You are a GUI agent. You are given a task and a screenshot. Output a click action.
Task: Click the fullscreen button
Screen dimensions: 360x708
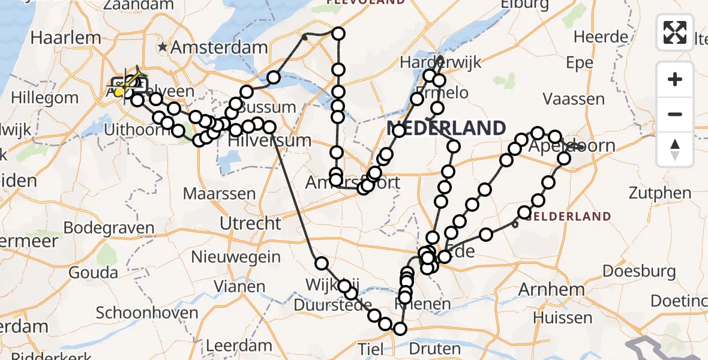[x=675, y=32]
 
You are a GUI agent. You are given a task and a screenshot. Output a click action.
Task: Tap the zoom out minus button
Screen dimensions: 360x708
[x=675, y=114]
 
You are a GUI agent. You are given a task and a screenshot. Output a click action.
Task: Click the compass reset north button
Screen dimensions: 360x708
[x=675, y=149]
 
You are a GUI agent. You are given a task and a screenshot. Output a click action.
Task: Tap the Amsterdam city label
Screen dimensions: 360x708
[x=219, y=47]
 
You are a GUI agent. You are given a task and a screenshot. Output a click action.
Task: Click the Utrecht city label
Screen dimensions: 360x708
[x=250, y=223]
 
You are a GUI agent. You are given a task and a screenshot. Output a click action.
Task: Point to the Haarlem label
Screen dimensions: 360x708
[x=65, y=37]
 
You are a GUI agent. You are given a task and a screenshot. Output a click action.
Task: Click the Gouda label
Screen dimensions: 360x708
[x=94, y=273]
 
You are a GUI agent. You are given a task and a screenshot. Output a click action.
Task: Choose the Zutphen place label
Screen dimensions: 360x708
[x=660, y=193]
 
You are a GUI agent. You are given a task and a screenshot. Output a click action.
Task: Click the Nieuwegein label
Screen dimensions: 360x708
[x=236, y=257]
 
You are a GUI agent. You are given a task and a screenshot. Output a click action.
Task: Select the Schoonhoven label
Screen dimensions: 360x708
[x=147, y=313]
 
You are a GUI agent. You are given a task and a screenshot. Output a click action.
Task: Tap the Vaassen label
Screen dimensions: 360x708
[x=572, y=98]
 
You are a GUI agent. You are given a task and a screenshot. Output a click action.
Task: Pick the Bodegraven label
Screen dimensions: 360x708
[x=109, y=228]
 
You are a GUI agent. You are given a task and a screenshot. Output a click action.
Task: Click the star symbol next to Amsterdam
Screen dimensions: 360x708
[x=163, y=47]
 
